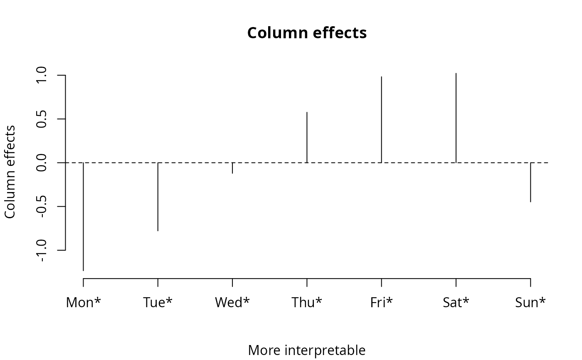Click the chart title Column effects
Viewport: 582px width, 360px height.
click(x=307, y=33)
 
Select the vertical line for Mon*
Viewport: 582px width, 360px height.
click(x=84, y=217)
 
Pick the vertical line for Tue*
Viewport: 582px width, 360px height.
click(x=158, y=197)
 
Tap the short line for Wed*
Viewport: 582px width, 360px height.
click(x=232, y=168)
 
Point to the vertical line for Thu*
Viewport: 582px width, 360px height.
click(x=307, y=138)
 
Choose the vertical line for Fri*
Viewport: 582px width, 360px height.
click(x=382, y=119)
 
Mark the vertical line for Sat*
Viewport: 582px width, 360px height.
click(x=456, y=118)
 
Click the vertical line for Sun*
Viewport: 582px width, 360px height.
click(x=530, y=182)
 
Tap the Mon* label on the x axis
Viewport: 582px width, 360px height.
click(x=84, y=302)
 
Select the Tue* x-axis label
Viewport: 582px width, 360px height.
click(x=158, y=302)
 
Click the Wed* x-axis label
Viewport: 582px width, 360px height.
click(x=232, y=302)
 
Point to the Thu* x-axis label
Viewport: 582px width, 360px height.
click(x=307, y=302)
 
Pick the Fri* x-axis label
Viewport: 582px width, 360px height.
click(x=382, y=302)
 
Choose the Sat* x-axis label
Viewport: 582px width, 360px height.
click(x=456, y=302)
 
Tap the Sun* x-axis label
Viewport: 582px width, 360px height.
click(x=530, y=302)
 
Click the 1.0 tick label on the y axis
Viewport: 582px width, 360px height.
click(x=41, y=75)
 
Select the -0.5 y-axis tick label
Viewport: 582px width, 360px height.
click(x=41, y=207)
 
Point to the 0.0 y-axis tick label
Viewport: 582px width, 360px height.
click(x=41, y=163)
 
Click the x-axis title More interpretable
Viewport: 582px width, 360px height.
click(x=307, y=350)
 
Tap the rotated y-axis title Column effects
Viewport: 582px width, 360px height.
click(x=10, y=172)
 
